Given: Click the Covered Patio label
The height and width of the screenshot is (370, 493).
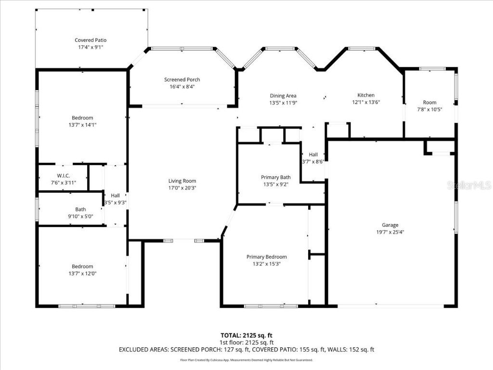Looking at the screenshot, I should (x=91, y=40).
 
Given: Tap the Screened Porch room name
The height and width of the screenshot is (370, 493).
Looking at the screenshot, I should (x=182, y=79).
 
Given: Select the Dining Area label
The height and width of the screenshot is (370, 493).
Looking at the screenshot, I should (x=283, y=96).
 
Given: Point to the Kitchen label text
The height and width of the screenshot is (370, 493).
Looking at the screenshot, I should (x=366, y=95).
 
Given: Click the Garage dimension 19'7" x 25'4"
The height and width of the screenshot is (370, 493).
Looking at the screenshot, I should (x=390, y=232).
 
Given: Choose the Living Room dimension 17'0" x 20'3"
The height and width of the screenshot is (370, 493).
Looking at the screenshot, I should (x=182, y=188).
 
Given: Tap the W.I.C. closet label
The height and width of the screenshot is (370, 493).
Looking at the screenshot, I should (x=64, y=175).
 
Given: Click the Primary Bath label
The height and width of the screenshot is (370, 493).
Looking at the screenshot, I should (x=276, y=177).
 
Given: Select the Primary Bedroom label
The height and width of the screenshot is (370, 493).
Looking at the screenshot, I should (x=267, y=257).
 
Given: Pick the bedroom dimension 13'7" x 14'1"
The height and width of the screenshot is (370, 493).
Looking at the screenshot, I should (x=82, y=125).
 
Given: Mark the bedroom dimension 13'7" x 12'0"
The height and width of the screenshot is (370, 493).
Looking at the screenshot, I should (x=82, y=274).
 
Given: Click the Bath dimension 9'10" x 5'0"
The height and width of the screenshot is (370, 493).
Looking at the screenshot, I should (x=80, y=216).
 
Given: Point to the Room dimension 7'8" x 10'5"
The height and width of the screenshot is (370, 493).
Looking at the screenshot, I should (x=429, y=109).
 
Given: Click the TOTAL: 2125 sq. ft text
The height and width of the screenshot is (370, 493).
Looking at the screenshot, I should (x=246, y=335).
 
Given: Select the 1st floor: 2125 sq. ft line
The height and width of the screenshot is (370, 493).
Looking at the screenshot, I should (x=246, y=343).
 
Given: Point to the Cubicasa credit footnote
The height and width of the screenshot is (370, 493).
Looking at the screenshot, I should (x=246, y=360).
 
